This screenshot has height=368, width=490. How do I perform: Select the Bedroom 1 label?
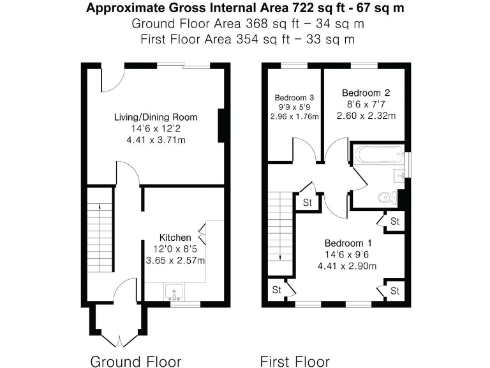point(348,243)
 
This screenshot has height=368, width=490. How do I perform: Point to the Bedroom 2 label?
point(366,93)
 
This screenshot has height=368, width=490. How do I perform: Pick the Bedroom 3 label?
point(294,97)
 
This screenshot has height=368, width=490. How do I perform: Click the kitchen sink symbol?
point(174,293)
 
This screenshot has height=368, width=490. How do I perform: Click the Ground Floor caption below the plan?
point(135,361)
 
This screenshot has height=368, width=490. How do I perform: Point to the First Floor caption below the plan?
point(295,361)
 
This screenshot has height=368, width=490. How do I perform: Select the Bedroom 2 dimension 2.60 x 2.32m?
point(366,116)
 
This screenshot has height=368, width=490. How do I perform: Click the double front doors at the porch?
point(118,335)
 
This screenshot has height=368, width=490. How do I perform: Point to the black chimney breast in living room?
point(222,126)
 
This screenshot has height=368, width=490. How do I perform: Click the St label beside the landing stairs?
point(307,203)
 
